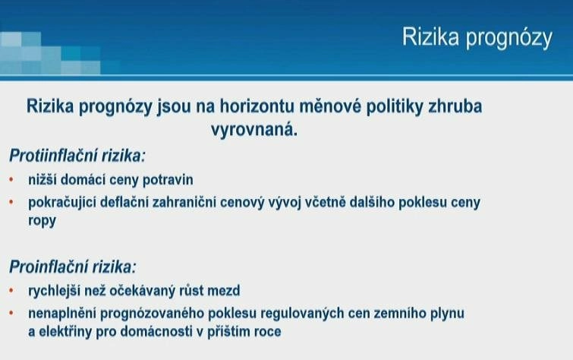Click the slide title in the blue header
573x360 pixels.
pyautogui.click(x=477, y=38)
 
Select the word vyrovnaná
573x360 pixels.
pyautogui.click(x=254, y=130)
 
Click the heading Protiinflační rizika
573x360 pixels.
pyautogui.click(x=77, y=156)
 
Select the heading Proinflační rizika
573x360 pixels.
pyautogui.click(x=72, y=267)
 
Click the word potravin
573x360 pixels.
pyautogui.click(x=168, y=180)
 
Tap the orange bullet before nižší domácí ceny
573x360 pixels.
pyautogui.click(x=11, y=180)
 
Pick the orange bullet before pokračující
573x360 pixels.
pyautogui.click(x=11, y=201)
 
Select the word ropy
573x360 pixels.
pyautogui.click(x=42, y=221)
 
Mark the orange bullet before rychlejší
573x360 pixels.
pyautogui.click(x=11, y=290)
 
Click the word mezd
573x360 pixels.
pyautogui.click(x=224, y=291)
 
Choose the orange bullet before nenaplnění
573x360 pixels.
pyautogui.click(x=11, y=313)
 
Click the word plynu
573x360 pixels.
pyautogui.click(x=447, y=314)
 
